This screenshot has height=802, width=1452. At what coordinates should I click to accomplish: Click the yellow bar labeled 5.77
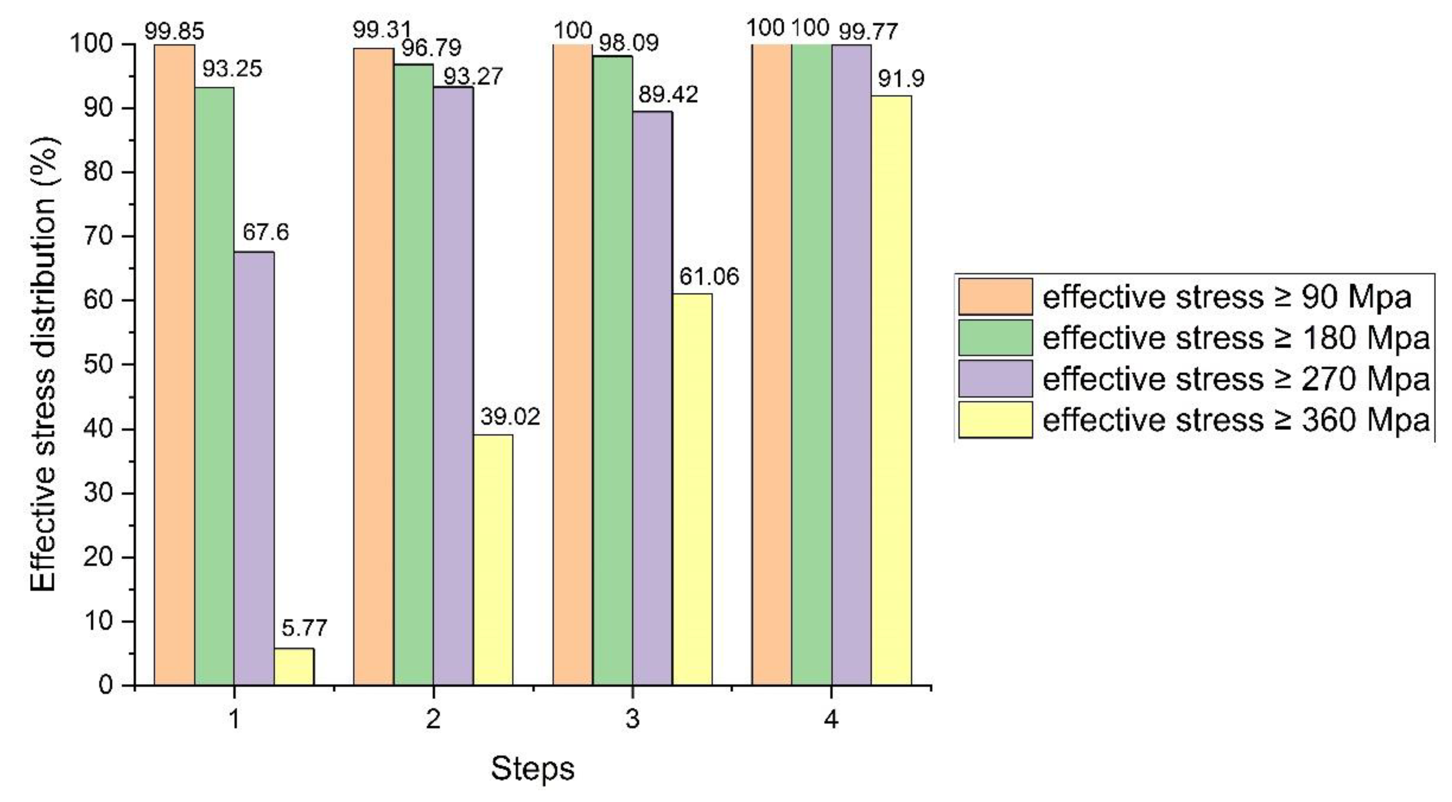coord(294,667)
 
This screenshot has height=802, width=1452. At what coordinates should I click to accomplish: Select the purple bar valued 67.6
coord(254,468)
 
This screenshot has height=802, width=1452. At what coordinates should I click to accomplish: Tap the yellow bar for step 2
coord(493,560)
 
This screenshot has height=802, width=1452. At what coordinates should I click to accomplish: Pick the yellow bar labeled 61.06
coord(692,489)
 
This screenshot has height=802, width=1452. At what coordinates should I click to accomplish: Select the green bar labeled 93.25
coord(214,386)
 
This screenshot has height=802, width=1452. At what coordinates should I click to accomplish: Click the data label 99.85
coord(174,31)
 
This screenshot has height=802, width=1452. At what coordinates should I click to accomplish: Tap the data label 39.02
coord(510,417)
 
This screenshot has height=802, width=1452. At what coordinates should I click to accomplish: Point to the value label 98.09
coord(629,43)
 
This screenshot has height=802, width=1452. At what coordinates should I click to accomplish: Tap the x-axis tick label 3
coord(632,720)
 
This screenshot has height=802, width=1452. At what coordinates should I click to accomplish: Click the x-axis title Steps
coord(532,768)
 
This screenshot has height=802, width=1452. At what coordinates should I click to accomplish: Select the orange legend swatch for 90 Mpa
coord(995,296)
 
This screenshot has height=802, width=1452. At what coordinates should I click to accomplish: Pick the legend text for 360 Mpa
coord(1236,420)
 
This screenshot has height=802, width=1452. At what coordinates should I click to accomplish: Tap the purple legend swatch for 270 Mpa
coord(995,379)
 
